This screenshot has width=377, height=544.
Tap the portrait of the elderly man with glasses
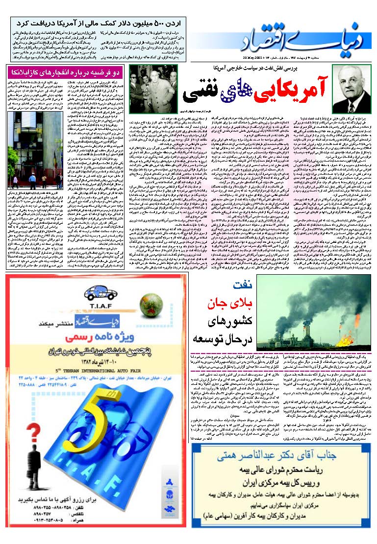click(x=351, y=88)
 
